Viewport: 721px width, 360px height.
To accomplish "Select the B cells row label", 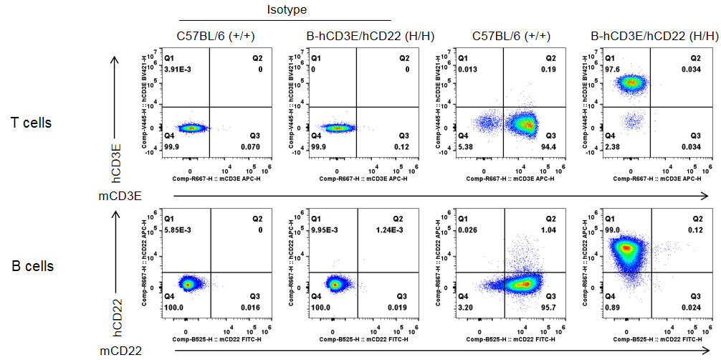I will coord(32,266).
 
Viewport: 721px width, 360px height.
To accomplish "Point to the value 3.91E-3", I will coord(177,70).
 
